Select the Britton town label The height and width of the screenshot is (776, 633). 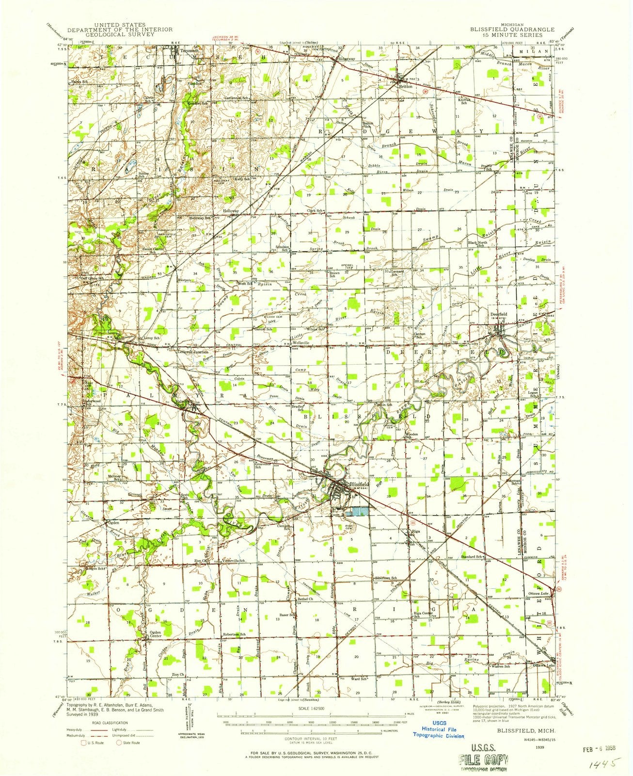(x=406, y=86)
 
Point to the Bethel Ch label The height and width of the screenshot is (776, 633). (x=305, y=599)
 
